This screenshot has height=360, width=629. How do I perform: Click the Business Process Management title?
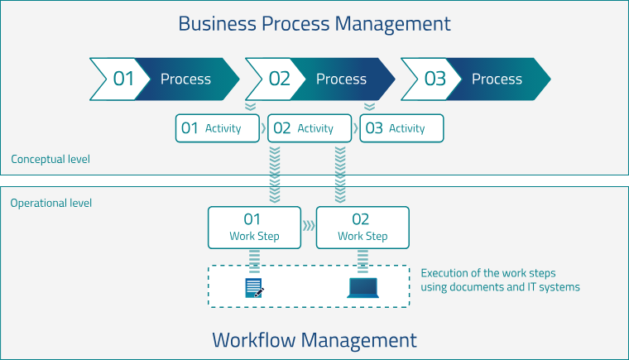[x=314, y=23]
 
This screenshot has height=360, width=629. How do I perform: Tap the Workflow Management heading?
[x=314, y=339]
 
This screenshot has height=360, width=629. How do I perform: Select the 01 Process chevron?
[x=164, y=79]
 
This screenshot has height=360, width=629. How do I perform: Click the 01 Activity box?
[x=218, y=128]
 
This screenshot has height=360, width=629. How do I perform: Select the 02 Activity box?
[x=310, y=128]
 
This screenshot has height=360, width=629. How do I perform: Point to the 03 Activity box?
[x=401, y=128]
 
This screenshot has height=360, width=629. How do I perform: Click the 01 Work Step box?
[x=254, y=228]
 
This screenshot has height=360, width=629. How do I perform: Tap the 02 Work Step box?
[x=363, y=228]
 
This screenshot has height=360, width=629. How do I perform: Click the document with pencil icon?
[x=254, y=288]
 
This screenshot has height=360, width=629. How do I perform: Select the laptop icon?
[x=363, y=288]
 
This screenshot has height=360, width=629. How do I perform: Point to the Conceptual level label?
[x=50, y=159]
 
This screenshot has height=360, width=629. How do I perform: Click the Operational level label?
[x=51, y=203]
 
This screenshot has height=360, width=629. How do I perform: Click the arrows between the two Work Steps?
[x=309, y=225]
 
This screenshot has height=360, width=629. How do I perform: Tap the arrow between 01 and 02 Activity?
[x=264, y=128]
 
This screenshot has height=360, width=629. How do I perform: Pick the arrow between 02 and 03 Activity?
[x=355, y=128]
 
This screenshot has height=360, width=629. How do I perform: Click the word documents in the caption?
[x=489, y=287]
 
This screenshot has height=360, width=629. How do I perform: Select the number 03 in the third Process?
[x=435, y=79]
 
